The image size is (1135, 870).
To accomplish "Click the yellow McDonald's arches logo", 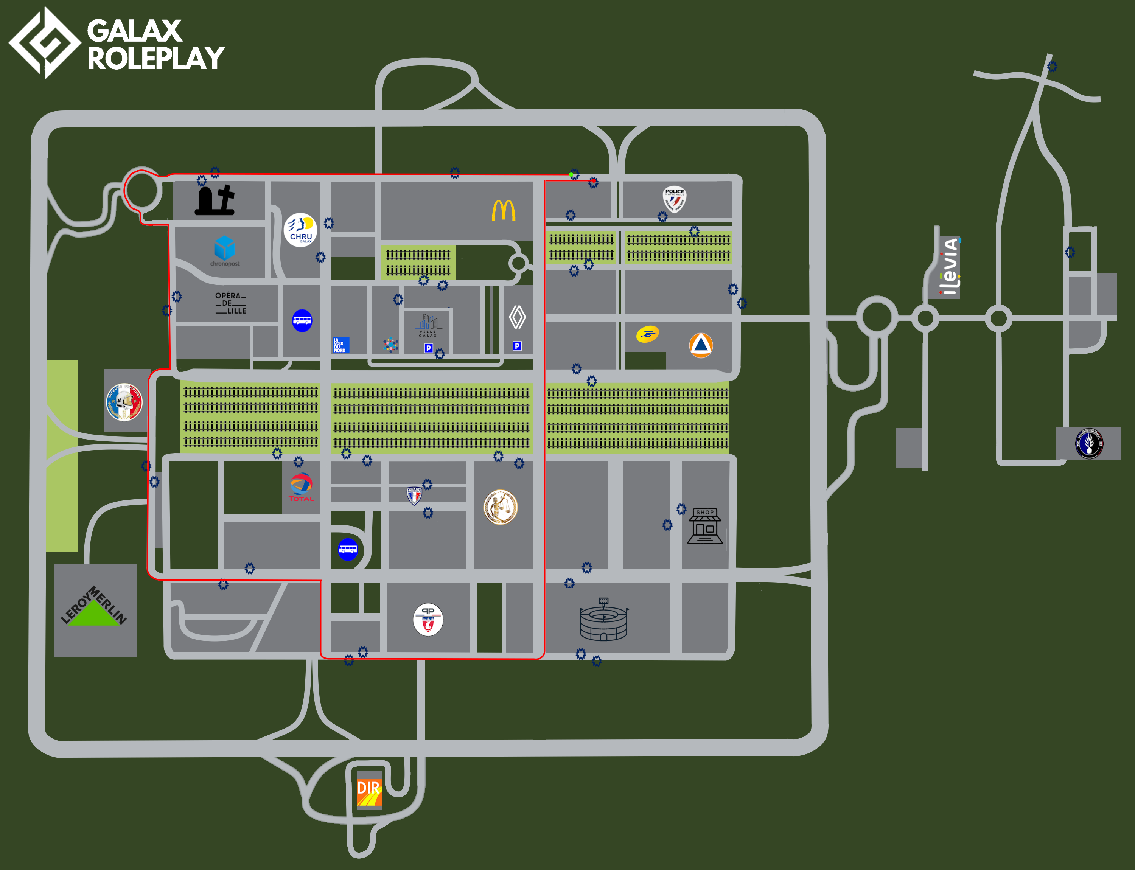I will point(503,210).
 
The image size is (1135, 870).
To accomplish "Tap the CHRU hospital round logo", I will point(300,230).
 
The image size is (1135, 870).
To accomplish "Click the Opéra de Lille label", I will point(230,303).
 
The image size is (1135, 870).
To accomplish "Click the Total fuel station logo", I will point(301,487).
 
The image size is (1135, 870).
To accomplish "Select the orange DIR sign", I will point(369,789).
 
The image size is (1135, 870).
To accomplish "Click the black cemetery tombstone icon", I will point(215,200).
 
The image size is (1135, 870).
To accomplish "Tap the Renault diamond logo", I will point(517,317).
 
